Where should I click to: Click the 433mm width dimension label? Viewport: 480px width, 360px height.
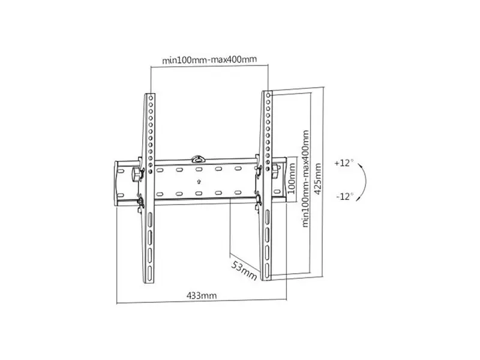[x=202, y=296]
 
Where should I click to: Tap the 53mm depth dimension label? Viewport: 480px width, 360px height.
[x=244, y=271]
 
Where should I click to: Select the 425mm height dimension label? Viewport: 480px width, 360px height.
[x=318, y=179]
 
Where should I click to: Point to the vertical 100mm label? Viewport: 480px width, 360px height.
[x=292, y=178]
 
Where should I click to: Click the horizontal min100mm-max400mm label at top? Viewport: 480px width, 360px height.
[x=209, y=59]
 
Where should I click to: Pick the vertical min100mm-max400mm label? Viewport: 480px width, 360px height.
[x=305, y=179]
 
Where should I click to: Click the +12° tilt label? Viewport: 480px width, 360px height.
[x=344, y=163]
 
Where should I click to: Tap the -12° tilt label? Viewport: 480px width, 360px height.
[x=345, y=196]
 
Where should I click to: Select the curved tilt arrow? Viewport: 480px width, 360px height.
[x=365, y=182]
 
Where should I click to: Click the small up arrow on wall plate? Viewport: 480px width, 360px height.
[x=199, y=182]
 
